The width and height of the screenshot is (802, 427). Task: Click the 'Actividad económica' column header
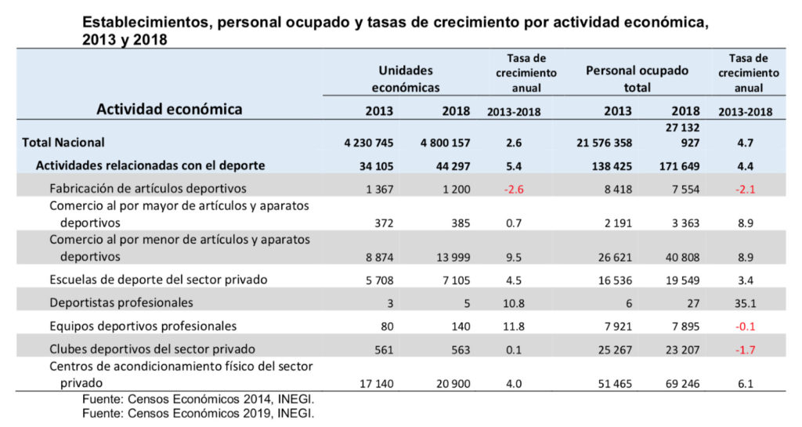coord(169,109)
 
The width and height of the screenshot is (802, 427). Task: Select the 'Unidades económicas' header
coord(405,79)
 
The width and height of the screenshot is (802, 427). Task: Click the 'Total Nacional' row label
coord(63,143)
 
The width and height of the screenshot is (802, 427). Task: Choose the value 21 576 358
coord(603,143)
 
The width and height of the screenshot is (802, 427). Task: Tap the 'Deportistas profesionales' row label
coord(121,302)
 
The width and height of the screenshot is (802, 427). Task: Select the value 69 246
coord(680,383)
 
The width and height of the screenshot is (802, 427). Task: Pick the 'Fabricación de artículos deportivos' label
coord(148,189)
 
